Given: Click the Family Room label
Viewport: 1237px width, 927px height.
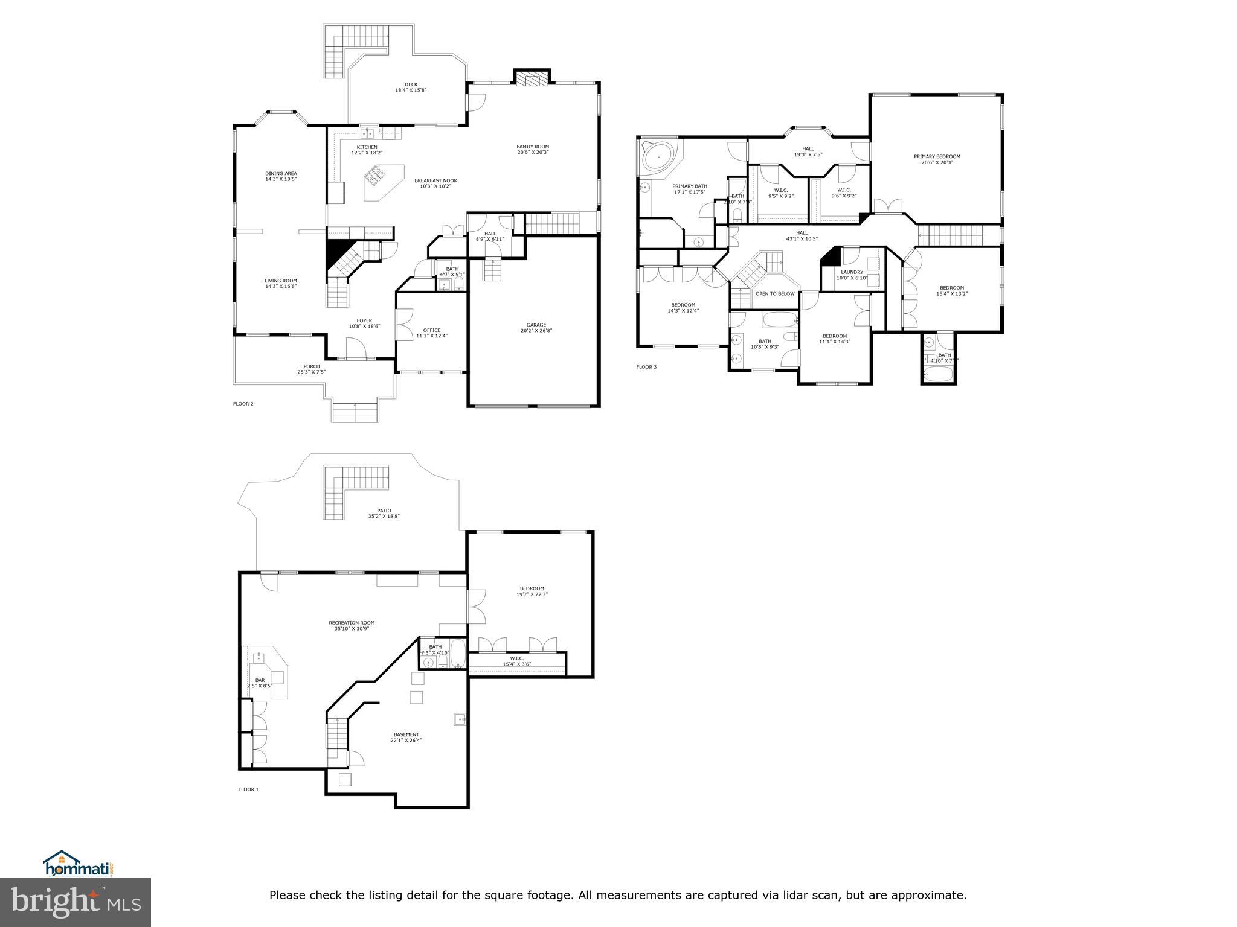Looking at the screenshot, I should click(x=532, y=147).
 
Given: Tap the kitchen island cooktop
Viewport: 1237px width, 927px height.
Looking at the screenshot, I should click(x=374, y=177).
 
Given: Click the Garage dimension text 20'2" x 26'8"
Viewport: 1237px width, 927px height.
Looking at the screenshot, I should click(x=536, y=331).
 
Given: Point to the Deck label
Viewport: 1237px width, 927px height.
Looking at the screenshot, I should click(x=411, y=84).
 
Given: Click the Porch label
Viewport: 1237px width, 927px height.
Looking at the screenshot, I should click(x=311, y=366).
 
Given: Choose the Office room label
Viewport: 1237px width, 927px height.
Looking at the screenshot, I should click(x=431, y=330).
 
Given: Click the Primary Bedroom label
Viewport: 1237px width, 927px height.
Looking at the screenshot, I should click(x=936, y=157).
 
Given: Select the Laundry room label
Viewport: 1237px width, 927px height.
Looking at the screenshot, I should click(x=852, y=272).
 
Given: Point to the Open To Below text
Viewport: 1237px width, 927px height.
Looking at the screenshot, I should click(x=775, y=294).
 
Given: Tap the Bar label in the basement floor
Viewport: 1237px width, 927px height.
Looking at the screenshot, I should click(x=260, y=680).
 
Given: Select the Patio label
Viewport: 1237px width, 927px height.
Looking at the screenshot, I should click(x=384, y=511).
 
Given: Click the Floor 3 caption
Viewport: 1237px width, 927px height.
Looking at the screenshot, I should click(x=646, y=367).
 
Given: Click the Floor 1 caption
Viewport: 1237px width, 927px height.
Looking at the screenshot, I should click(x=248, y=789).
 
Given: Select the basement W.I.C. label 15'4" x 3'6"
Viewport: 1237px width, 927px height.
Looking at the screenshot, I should click(x=516, y=661).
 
